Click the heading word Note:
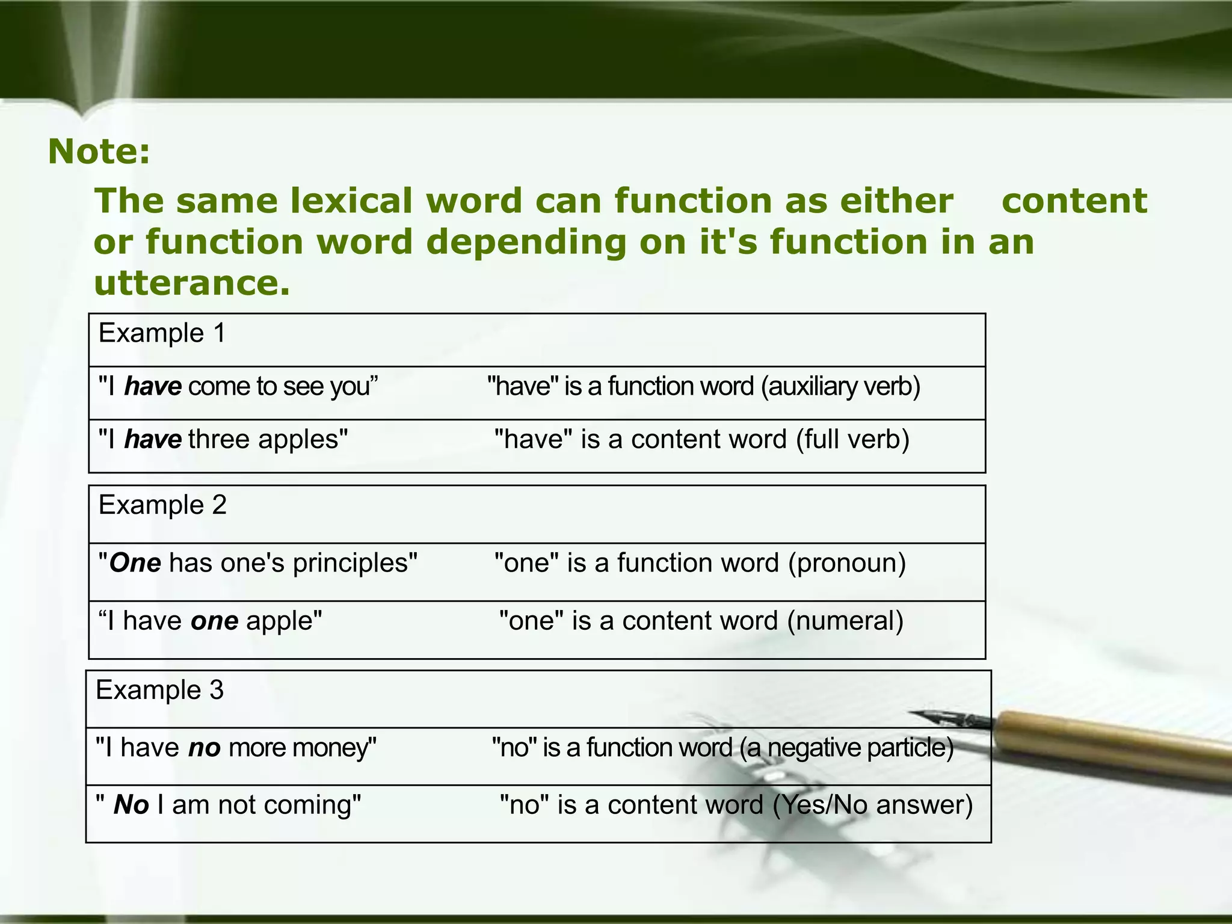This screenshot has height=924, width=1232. [99, 151]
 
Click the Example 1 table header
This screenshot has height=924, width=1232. [162, 333]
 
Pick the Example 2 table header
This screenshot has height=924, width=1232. [162, 505]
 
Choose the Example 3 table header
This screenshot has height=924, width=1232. [159, 689]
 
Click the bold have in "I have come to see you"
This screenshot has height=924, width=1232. [153, 386]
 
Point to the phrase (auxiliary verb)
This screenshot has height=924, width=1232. [840, 386]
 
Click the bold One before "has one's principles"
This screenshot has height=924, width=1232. [135, 563]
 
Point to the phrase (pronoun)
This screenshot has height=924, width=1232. [847, 563]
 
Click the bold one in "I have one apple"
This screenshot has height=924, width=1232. [214, 621]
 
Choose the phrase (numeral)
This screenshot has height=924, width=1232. [845, 621]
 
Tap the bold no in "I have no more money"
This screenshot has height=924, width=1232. [204, 748]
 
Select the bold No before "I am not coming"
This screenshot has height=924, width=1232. [131, 805]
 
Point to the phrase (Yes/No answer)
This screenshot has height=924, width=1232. [872, 805]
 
